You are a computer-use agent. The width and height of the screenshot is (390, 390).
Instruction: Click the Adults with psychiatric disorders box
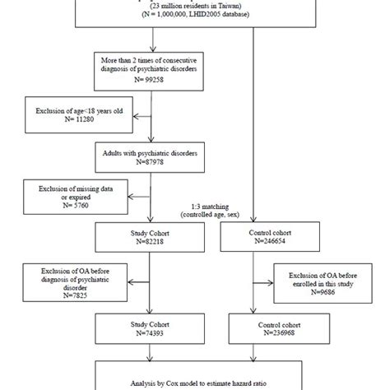[149, 156]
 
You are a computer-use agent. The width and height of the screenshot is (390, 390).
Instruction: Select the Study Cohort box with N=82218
[149, 238]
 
